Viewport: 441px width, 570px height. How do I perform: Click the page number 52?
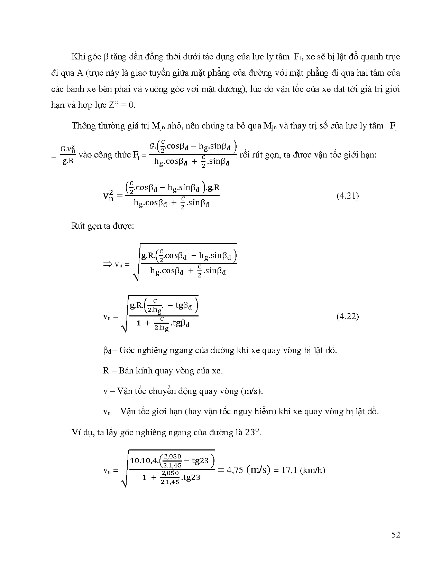tap(396, 535)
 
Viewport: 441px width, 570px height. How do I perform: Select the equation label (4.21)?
tap(348, 196)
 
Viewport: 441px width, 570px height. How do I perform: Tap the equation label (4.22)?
tap(348, 316)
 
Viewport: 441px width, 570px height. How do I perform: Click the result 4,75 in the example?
tap(233, 470)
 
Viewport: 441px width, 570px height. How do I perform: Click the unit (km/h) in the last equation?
tap(312, 470)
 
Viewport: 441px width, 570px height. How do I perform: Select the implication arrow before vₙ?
tap(107, 264)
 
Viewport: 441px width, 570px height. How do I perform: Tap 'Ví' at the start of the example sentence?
tap(76, 433)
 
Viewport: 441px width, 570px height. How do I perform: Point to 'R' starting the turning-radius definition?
tap(106, 371)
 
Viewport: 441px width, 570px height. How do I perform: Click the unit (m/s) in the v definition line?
tap(252, 391)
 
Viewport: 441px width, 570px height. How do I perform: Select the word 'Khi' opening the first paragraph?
tap(78, 57)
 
